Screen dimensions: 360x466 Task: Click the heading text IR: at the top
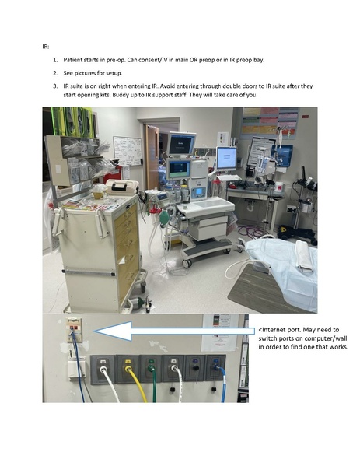(x=45, y=47)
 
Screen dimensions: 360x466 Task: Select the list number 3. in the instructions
(x=55, y=86)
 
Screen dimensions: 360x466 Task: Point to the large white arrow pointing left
(x=174, y=331)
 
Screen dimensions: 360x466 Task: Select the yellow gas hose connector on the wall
(x=128, y=369)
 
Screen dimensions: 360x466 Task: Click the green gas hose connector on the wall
(x=151, y=369)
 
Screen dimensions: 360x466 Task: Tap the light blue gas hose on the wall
(x=222, y=384)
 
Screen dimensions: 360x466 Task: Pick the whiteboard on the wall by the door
(x=128, y=151)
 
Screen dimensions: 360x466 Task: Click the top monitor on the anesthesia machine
(x=181, y=144)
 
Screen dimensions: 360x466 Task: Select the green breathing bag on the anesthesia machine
(x=164, y=219)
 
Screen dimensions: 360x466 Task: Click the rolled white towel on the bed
(x=305, y=256)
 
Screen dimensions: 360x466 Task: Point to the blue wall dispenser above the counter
(x=282, y=155)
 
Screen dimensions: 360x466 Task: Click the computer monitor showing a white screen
(x=226, y=158)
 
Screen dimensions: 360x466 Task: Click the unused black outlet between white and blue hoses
(x=196, y=368)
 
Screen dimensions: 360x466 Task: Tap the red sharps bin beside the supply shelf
(x=114, y=174)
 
